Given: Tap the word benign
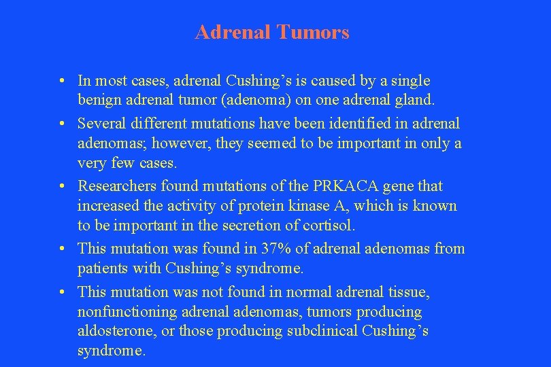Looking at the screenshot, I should pos(99,100).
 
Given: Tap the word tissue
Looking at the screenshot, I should pos(407,292).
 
